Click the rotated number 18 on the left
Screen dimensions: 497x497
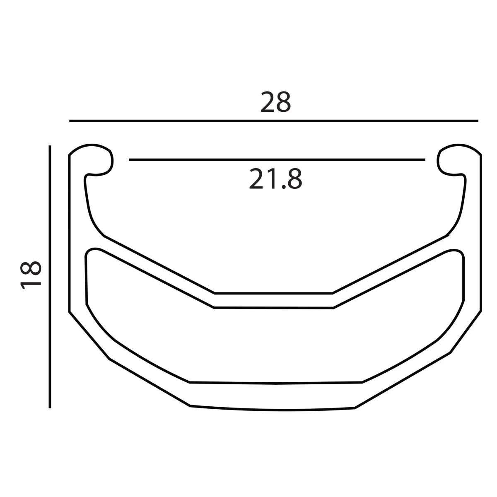[x=31, y=274]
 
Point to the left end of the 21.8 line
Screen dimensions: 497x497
[x=130, y=159]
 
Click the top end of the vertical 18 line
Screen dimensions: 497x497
[x=50, y=147]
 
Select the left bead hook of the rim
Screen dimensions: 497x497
[x=99, y=159]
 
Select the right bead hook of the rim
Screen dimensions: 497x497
[x=451, y=159]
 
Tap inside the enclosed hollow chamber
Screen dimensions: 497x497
[x=274, y=344]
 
